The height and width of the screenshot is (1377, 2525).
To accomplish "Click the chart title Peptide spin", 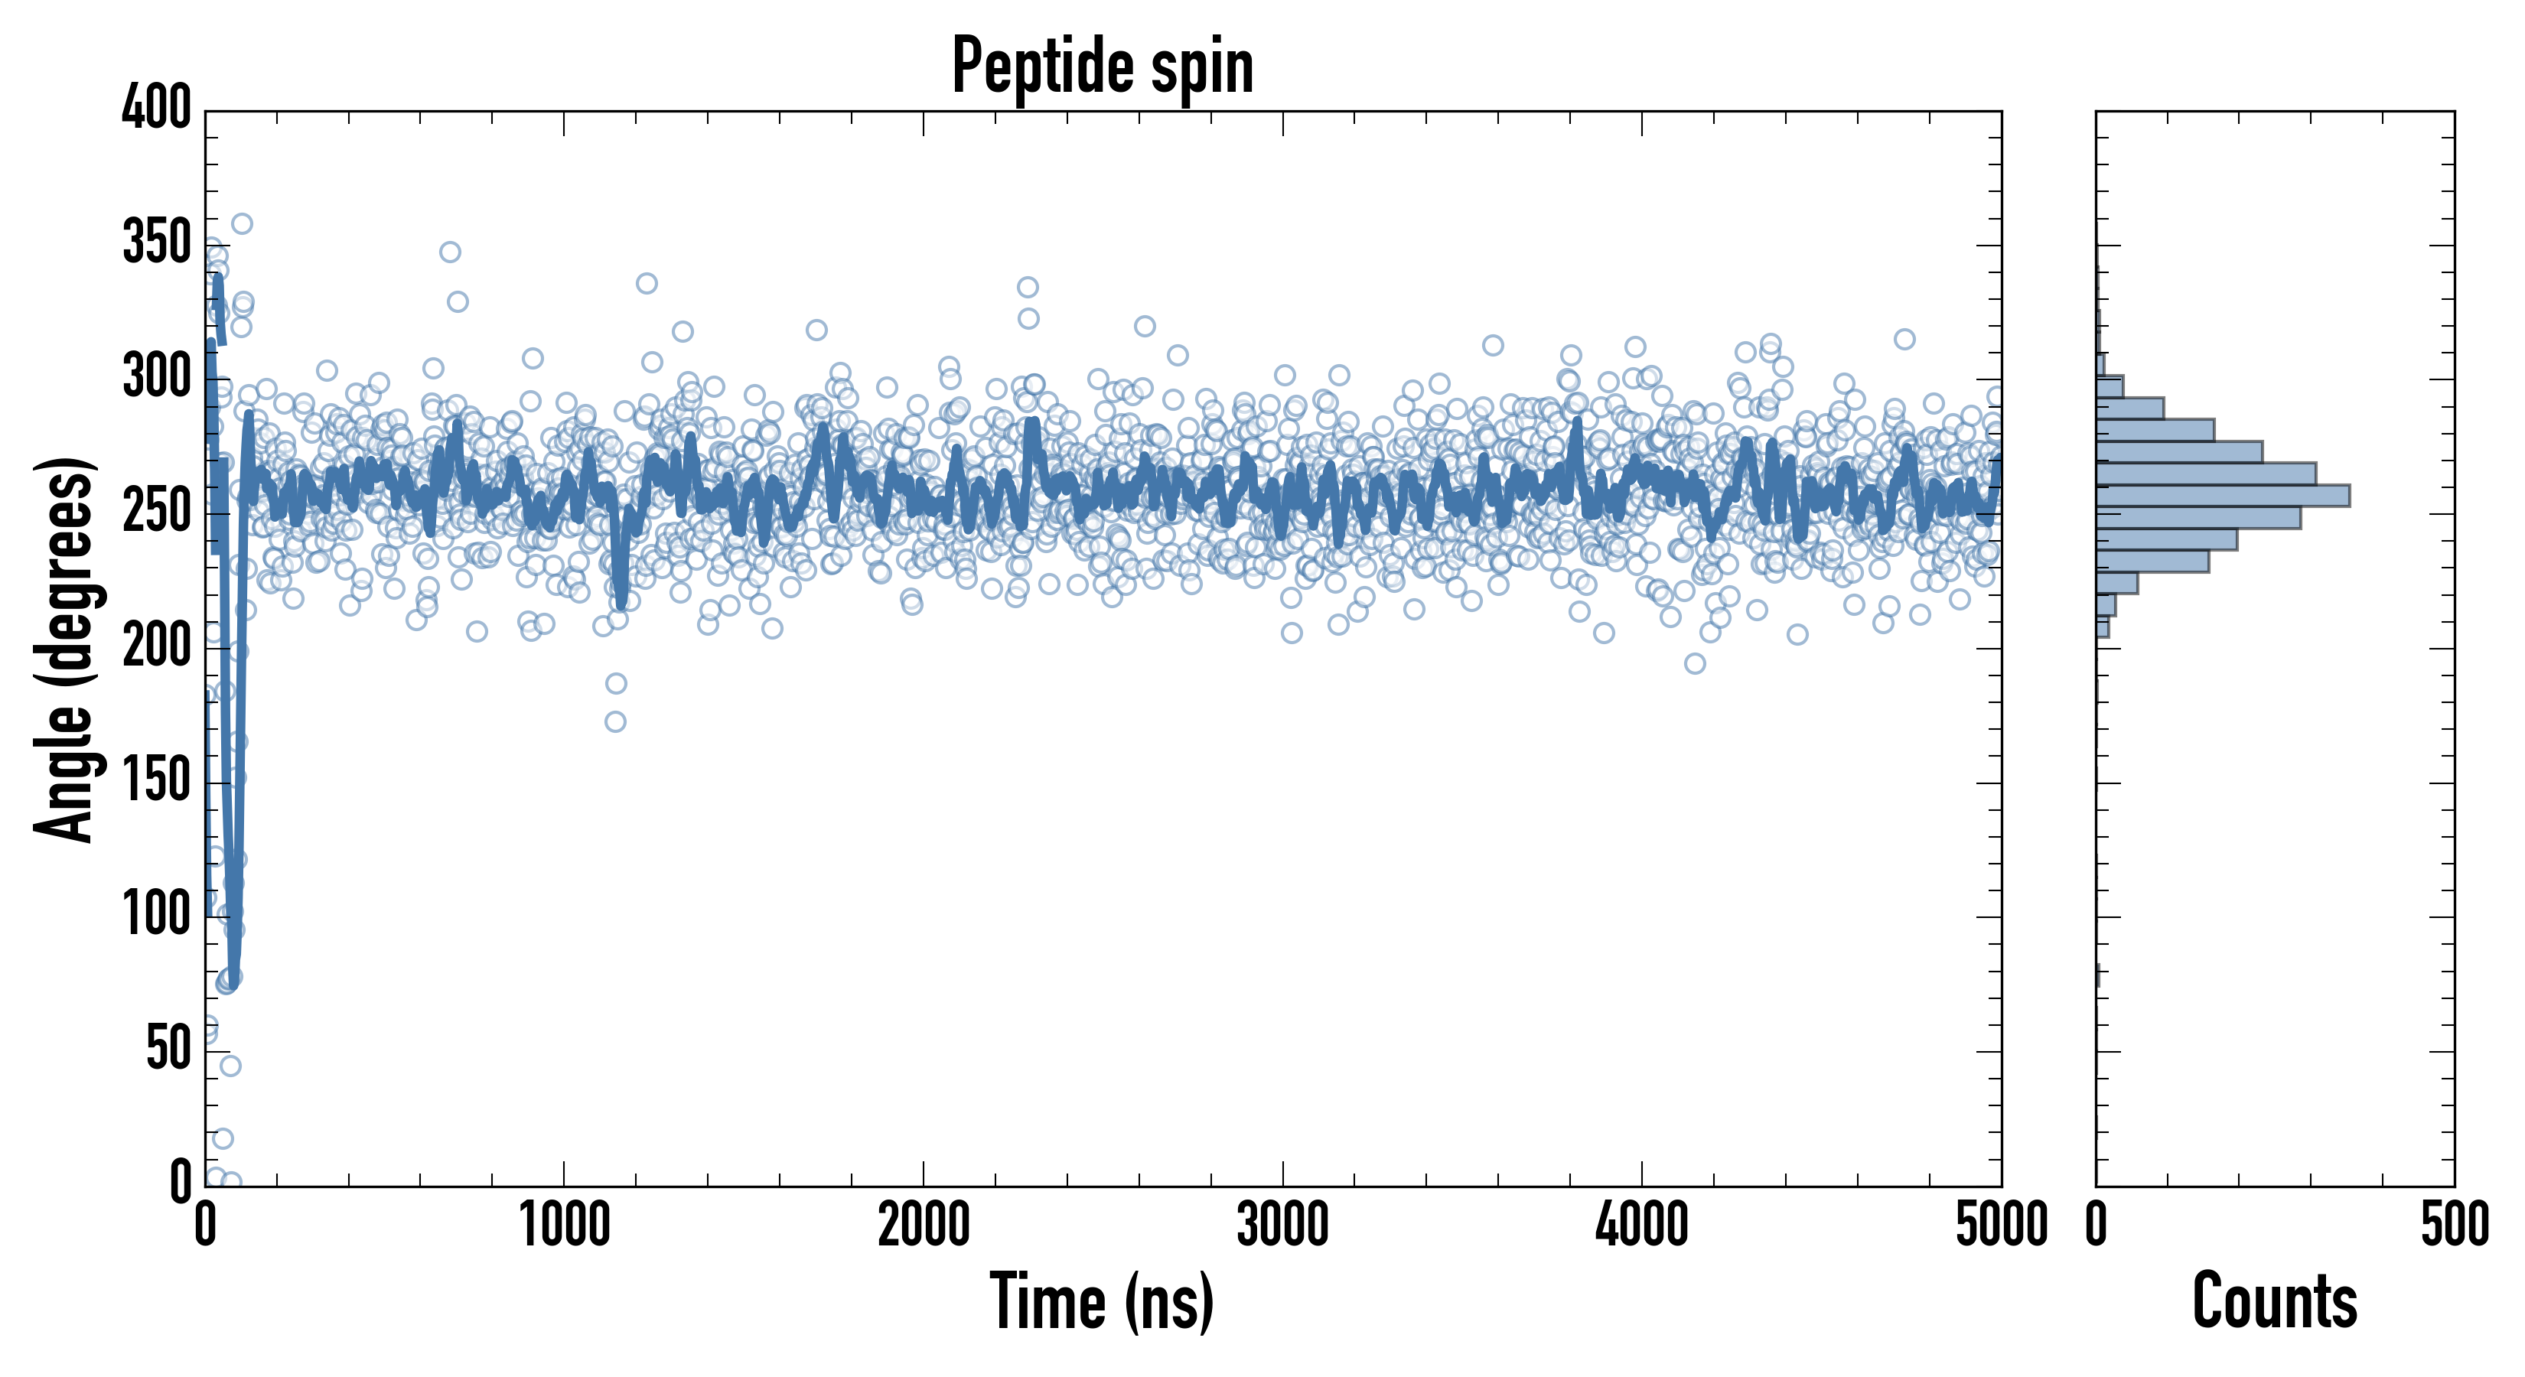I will [x=1103, y=67].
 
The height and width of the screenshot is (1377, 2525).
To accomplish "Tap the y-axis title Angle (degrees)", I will [x=65, y=649].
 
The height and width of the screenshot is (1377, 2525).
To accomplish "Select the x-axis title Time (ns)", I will [x=1103, y=1301].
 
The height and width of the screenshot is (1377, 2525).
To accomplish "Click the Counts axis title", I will [x=2274, y=1301].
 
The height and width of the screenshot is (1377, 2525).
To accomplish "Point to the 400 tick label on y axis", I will [x=157, y=107].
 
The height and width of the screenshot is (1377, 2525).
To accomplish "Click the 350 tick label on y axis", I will [x=157, y=242].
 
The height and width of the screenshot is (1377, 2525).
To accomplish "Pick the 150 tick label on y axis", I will [x=157, y=780].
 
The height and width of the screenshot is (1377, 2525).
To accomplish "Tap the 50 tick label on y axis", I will [x=168, y=1049].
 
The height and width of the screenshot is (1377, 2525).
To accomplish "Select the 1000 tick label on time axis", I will [x=565, y=1225].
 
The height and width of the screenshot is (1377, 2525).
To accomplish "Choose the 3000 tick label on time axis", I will [x=1282, y=1225].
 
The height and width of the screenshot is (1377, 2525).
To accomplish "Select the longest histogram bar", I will [x=2222, y=496].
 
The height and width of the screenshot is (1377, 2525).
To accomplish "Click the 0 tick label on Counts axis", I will [x=2097, y=1225].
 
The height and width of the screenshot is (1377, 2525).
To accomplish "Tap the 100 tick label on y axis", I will [x=157, y=914].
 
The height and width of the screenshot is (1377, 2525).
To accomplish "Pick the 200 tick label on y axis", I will [x=157, y=646].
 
